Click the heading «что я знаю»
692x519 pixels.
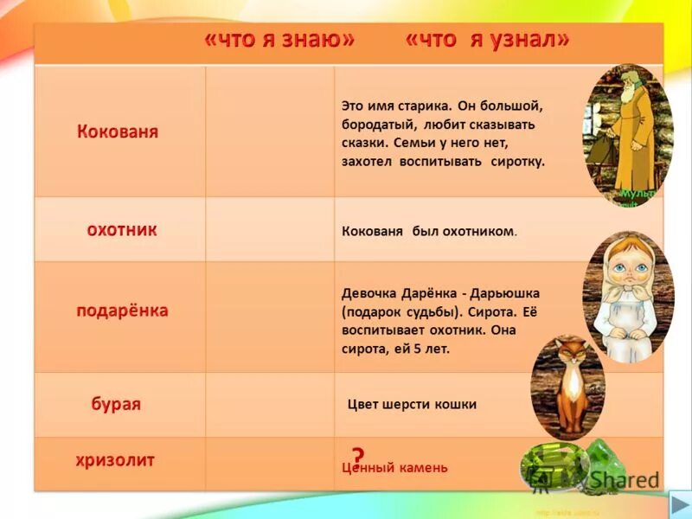pyautogui.click(x=280, y=41)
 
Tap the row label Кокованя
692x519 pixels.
pyautogui.click(x=118, y=132)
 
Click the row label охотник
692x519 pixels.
pyautogui.click(x=121, y=229)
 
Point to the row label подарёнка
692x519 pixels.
pyautogui.click(x=122, y=311)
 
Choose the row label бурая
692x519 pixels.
pyautogui.click(x=116, y=404)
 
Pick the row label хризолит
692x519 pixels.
pyautogui.click(x=115, y=460)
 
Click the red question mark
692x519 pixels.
pyautogui.click(x=357, y=456)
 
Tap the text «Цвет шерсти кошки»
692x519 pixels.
pyautogui.click(x=412, y=404)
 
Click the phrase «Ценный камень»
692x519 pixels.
pyautogui.click(x=395, y=468)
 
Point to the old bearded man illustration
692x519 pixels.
pyautogui.click(x=626, y=130)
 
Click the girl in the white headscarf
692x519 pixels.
pyautogui.click(x=627, y=294)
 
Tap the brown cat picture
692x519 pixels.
pyautogui.click(x=567, y=386)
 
